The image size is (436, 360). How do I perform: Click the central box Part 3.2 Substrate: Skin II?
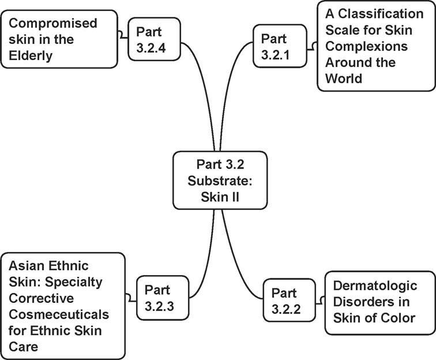(220, 179)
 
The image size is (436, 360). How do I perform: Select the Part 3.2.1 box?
(280, 47)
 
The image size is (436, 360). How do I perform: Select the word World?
(344, 78)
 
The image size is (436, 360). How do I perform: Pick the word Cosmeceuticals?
(58, 316)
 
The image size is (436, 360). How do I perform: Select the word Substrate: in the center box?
(220, 179)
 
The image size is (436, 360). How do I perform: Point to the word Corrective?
(41, 299)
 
